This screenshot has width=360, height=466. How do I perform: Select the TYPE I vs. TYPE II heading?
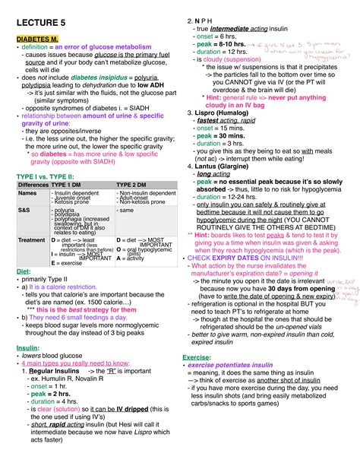coord(46,176)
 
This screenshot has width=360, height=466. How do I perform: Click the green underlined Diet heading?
coord(23,271)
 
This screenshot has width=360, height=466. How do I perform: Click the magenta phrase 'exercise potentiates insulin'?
coord(232,365)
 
